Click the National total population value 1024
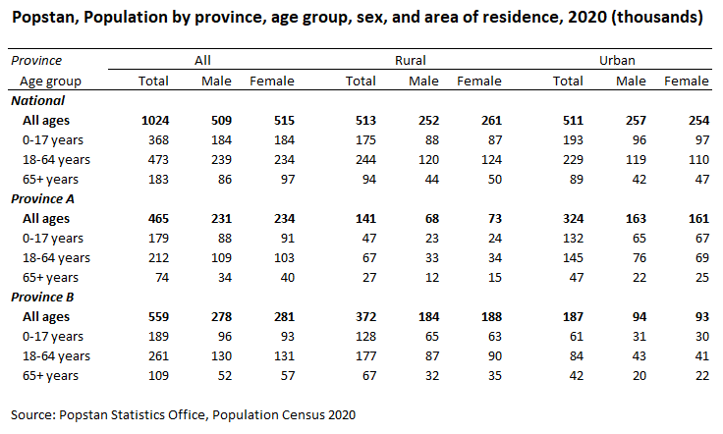[155, 120]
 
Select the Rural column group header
[411, 60]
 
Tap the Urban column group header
[617, 60]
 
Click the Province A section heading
[42, 199]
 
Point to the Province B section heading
[42, 298]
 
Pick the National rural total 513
[365, 120]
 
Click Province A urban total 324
[573, 218]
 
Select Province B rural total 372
[365, 316]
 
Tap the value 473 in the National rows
[158, 159]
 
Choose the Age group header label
[50, 81]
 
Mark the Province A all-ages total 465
[158, 218]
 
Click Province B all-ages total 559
[158, 316]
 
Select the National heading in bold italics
[37, 101]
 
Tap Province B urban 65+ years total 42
[577, 375]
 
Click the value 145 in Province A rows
[573, 257]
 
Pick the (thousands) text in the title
[657, 18]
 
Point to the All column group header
[202, 60]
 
